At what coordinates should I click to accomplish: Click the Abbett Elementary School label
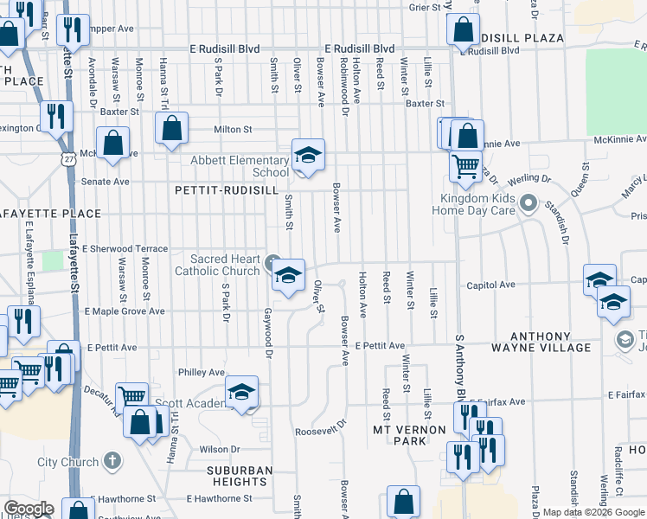tap(240, 166)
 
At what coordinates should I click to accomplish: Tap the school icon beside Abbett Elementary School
tap(308, 156)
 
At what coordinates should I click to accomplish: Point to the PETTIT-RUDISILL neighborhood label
tap(214, 189)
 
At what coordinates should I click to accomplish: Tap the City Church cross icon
tap(111, 461)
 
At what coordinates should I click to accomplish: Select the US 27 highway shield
tap(67, 158)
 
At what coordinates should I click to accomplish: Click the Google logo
tap(29, 509)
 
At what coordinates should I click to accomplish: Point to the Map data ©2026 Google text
tap(593, 512)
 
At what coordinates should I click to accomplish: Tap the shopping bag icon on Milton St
tap(172, 129)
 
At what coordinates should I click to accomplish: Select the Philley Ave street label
tap(201, 372)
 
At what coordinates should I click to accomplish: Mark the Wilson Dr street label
tap(220, 449)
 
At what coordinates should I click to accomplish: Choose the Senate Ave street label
tap(105, 182)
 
